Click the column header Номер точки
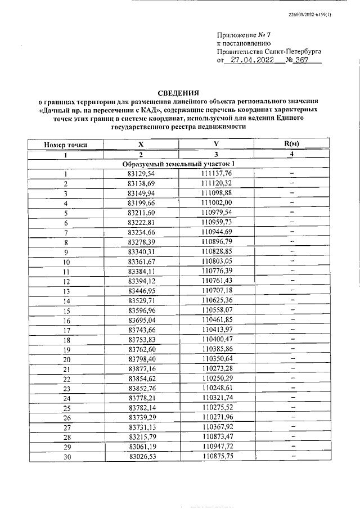point(66,145)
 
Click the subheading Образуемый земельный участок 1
point(178,164)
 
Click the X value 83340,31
point(141,251)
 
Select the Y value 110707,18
point(216,290)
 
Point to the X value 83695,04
point(141,319)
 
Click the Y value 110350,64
point(216,358)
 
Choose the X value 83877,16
point(141,368)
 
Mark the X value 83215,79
point(141,436)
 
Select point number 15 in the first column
point(66,310)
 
